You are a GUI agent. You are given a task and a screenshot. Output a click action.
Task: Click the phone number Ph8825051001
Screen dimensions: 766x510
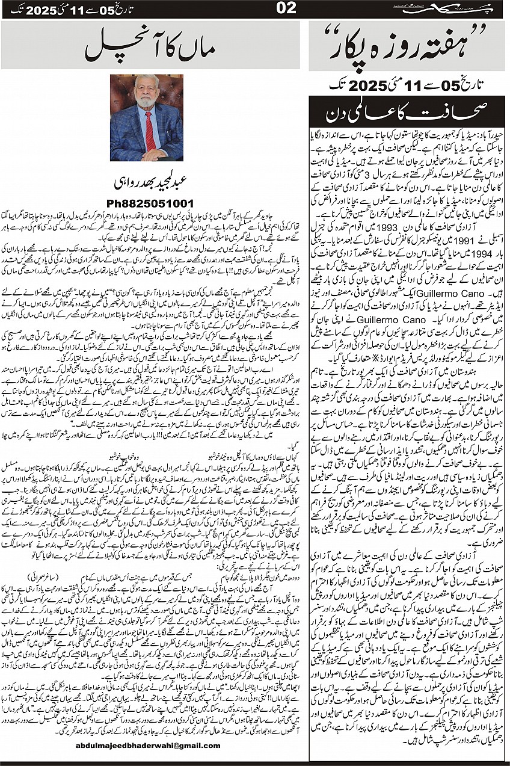[148, 203]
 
